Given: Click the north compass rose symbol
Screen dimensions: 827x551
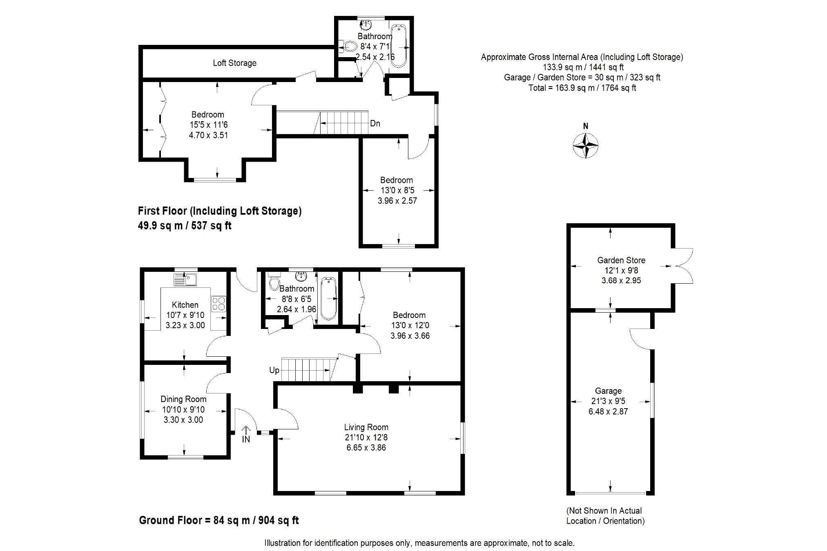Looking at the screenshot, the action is [x=586, y=145].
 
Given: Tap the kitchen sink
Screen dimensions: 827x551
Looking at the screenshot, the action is [x=186, y=280].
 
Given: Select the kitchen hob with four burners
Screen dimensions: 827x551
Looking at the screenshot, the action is [x=218, y=304].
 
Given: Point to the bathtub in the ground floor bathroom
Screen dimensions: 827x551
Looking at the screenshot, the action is [x=328, y=298].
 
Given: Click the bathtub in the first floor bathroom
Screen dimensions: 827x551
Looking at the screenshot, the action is [x=398, y=46].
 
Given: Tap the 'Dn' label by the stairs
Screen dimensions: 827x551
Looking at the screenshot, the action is [x=375, y=123].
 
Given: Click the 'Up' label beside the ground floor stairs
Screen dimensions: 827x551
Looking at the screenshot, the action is [x=274, y=370].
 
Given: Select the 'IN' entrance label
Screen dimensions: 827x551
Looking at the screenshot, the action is [x=246, y=439].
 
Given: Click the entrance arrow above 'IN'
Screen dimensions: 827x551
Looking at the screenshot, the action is [x=246, y=430].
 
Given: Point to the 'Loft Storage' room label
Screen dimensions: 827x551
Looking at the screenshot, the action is [x=234, y=63].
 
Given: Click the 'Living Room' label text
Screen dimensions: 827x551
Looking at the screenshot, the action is [x=366, y=427].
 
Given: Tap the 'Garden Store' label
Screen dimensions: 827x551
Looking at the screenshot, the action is [x=621, y=260].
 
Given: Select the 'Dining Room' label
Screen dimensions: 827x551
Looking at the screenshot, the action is [x=183, y=399].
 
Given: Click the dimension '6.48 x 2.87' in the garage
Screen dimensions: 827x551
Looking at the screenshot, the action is [x=608, y=411].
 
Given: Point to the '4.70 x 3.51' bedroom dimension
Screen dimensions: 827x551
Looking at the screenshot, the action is [x=208, y=135].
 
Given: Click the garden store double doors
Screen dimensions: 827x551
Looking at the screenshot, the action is [x=683, y=266].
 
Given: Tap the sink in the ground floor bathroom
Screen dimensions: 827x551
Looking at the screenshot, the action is [x=301, y=276].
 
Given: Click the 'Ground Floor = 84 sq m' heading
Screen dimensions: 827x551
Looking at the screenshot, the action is [x=219, y=520].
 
